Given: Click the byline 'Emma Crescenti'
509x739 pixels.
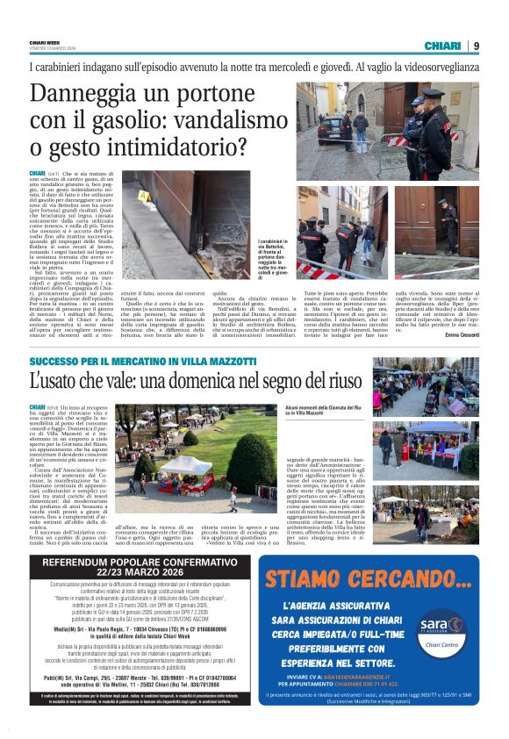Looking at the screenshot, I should tap(460, 334).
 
